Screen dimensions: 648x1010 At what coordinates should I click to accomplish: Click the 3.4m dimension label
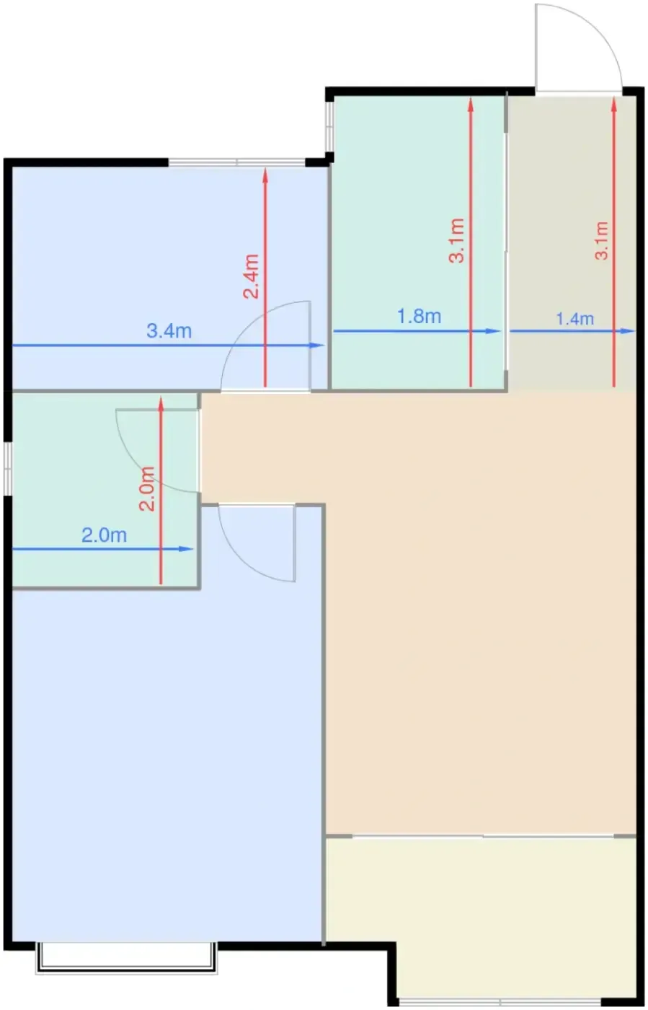(169, 331)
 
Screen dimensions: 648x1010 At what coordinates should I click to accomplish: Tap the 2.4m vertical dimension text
(251, 276)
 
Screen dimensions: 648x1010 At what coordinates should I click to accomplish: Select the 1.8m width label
(419, 316)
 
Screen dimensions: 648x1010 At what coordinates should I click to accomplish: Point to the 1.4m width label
(575, 319)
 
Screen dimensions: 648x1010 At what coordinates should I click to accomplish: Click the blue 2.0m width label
(104, 535)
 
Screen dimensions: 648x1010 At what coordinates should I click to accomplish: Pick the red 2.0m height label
(147, 489)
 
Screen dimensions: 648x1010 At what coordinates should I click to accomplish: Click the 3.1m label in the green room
(456, 240)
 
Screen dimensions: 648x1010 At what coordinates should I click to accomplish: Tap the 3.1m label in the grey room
(602, 240)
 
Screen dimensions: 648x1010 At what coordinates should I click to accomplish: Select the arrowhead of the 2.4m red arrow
(265, 175)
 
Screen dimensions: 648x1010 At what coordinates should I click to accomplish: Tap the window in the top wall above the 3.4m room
(237, 162)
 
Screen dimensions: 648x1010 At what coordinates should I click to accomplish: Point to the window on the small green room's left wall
(8, 468)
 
